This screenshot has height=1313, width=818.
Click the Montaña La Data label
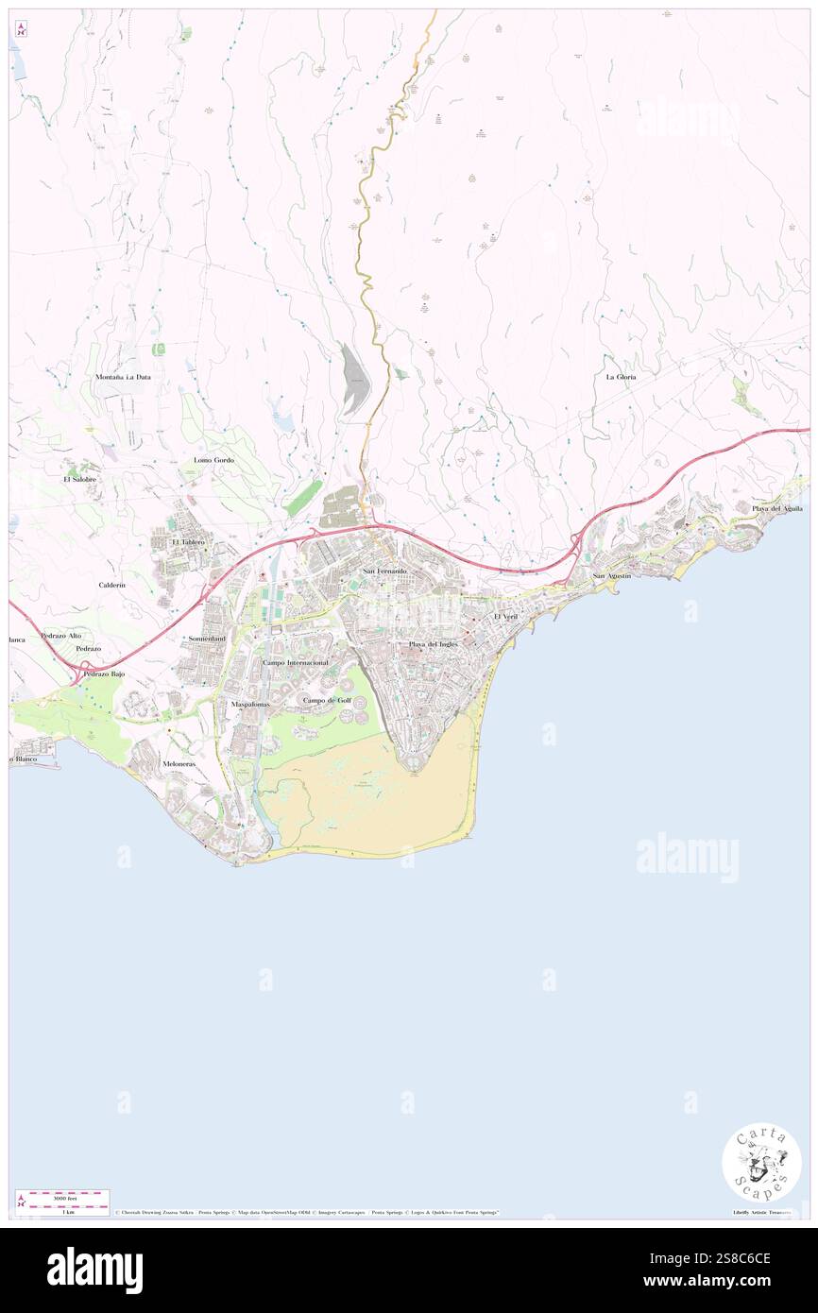(123, 377)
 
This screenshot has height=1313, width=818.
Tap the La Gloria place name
(621, 377)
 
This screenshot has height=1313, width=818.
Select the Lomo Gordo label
(213, 460)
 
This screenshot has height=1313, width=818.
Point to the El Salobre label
(80, 479)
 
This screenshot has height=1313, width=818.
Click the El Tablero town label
(188, 542)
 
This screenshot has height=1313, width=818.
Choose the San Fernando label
(385, 572)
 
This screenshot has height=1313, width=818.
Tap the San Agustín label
(611, 575)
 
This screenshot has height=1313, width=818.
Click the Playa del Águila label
(777, 509)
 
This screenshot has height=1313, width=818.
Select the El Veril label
(506, 616)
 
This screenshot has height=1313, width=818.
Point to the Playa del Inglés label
(434, 644)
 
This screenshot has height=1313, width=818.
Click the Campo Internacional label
(295, 663)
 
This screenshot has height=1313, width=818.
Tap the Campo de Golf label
(327, 700)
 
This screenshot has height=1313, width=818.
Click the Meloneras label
(179, 763)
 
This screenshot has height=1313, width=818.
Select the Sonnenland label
(207, 639)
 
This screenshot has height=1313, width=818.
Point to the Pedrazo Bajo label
(104, 674)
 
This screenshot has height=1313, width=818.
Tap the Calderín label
(111, 586)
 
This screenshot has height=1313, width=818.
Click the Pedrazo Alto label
(60, 636)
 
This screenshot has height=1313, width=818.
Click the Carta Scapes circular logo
(761, 1162)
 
